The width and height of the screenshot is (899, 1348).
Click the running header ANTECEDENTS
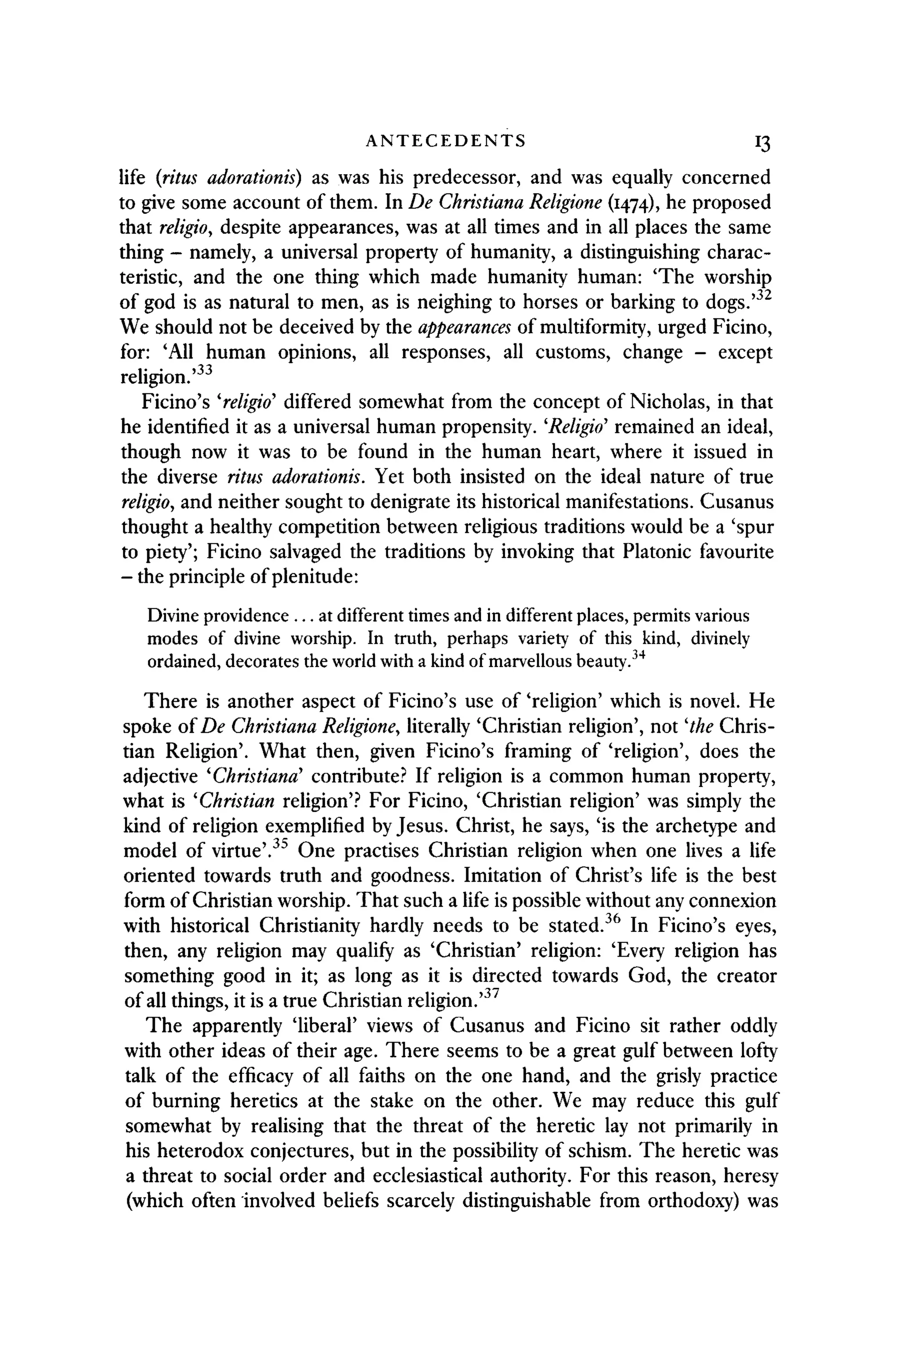pyautogui.click(x=446, y=141)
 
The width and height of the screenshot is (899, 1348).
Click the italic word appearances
pyautogui.click(x=464, y=327)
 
